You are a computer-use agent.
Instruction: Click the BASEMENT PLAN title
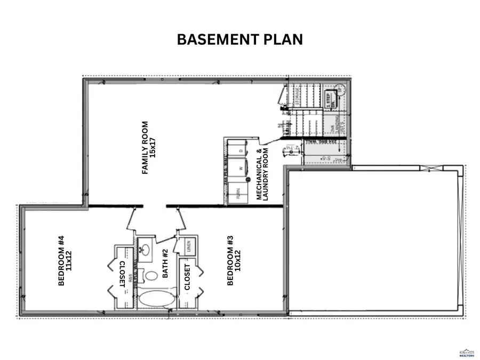pyautogui.click(x=239, y=39)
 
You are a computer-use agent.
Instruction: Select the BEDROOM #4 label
pyautogui.click(x=65, y=261)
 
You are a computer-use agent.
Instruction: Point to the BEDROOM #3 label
pyautogui.click(x=234, y=261)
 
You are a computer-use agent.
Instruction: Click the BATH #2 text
pyautogui.click(x=165, y=263)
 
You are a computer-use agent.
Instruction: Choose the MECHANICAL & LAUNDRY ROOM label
pyautogui.click(x=263, y=174)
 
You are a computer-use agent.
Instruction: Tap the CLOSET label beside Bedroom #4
pyautogui.click(x=123, y=274)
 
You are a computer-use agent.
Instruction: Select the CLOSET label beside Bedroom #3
pyautogui.click(x=187, y=277)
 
